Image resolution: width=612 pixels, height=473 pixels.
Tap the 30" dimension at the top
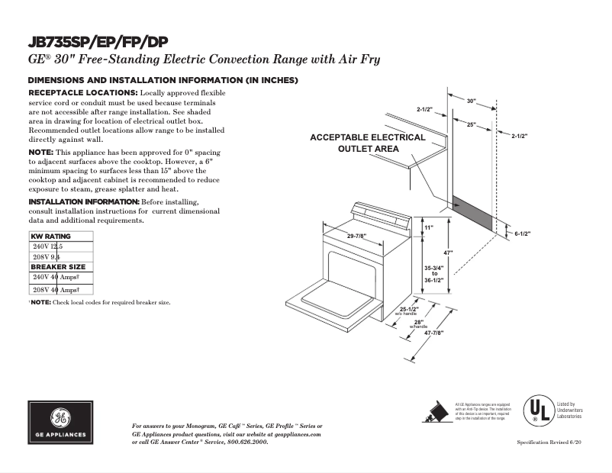[x=471, y=101]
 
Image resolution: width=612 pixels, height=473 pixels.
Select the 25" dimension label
[x=472, y=124]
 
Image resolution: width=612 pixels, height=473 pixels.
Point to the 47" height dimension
[x=449, y=253]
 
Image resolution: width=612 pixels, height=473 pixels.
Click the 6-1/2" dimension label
[x=522, y=233]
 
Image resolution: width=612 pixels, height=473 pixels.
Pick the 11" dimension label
[x=428, y=228]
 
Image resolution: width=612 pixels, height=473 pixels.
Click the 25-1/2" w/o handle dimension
[x=409, y=310]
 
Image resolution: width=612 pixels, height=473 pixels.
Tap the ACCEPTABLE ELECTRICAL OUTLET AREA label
[x=368, y=143]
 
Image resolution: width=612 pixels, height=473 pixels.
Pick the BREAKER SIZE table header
[x=58, y=267]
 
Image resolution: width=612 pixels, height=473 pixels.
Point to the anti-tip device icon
[x=436, y=410]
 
